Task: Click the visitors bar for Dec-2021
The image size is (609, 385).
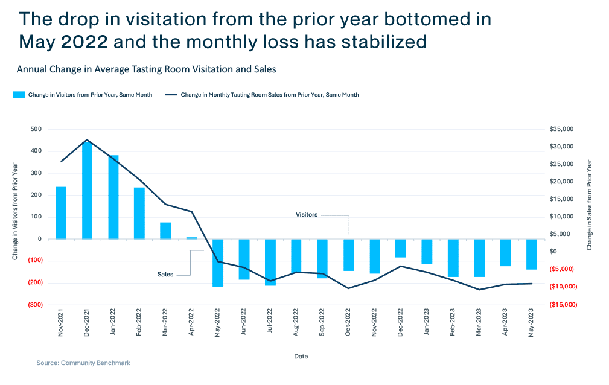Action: pyautogui.click(x=88, y=190)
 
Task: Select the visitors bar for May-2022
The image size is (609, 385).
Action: pyautogui.click(x=218, y=262)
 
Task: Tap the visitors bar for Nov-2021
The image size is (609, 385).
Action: pyautogui.click(x=61, y=212)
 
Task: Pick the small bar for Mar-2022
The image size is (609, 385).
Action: pyautogui.click(x=165, y=231)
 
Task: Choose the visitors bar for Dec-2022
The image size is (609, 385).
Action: pyautogui.click(x=401, y=249)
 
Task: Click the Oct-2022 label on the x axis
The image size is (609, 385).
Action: pyautogui.click(x=348, y=326)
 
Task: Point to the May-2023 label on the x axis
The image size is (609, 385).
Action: pyautogui.click(x=532, y=326)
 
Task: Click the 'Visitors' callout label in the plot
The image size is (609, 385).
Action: pyautogui.click(x=306, y=215)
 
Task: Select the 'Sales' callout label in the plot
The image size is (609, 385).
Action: pyautogui.click(x=165, y=275)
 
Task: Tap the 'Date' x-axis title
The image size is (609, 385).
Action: pyautogui.click(x=301, y=357)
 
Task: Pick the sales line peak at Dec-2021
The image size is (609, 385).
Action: pyautogui.click(x=88, y=139)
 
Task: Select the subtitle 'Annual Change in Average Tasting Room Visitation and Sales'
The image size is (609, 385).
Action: pyautogui.click(x=146, y=69)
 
